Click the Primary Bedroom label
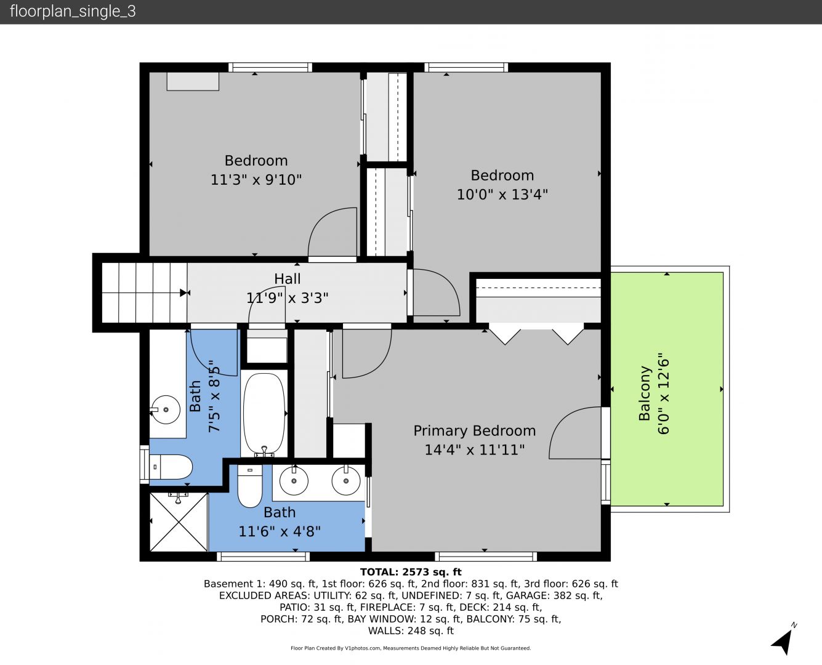pos(474,431)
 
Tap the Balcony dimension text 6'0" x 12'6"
pos(663,393)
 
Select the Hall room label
pos(287,279)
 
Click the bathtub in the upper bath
pos(265,413)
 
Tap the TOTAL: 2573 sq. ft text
pos(411,572)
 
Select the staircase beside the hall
pos(145,292)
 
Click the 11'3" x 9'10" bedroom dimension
pos(256,180)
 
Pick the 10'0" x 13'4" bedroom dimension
pos(502,195)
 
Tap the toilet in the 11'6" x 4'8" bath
pos(250,486)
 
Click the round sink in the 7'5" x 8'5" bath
pos(166,409)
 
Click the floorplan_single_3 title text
pos(73,12)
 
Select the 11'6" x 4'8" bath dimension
pos(280,532)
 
